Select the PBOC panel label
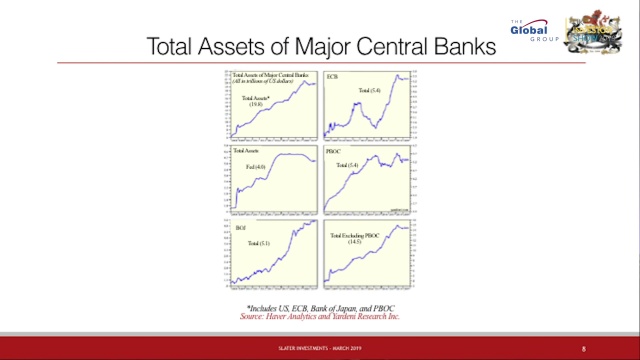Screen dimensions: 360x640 click(339, 153)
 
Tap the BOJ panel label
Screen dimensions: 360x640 click(240, 229)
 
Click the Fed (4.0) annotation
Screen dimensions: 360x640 click(256, 166)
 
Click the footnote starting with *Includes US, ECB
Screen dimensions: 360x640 click(320, 310)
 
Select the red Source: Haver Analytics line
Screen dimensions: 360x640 click(320, 318)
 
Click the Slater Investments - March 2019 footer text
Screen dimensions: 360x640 click(320, 349)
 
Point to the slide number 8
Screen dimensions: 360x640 click(583, 349)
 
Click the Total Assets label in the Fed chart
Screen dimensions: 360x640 click(246, 152)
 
